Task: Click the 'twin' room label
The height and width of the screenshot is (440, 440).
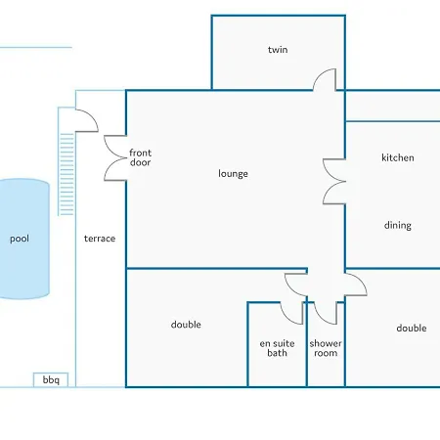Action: pos(278,50)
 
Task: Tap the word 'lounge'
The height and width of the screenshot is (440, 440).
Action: pos(233,174)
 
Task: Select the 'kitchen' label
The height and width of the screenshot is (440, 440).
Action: pos(398,157)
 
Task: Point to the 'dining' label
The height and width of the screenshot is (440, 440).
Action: pos(398,225)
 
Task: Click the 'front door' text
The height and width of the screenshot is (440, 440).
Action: pos(140,157)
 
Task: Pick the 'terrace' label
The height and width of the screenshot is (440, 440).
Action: pos(100,239)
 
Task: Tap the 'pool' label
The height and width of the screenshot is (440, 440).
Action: pos(20,239)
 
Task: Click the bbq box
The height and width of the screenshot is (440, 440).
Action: pos(51,380)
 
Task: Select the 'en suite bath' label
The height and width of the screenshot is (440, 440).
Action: pos(277,348)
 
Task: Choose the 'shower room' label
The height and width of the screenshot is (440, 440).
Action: pos(326,348)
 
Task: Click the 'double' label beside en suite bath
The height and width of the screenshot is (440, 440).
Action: pos(186,325)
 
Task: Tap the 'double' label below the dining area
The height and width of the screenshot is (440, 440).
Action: pos(412,329)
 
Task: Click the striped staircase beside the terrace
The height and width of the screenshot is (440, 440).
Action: pos(66,174)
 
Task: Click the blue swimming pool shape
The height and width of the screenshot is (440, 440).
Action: pos(24,239)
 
